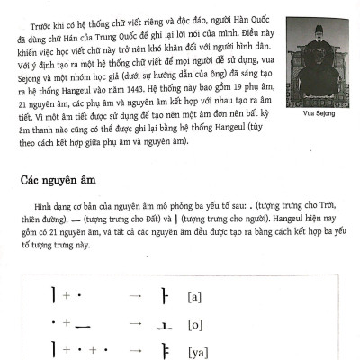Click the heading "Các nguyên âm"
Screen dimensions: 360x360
point(59,181)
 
